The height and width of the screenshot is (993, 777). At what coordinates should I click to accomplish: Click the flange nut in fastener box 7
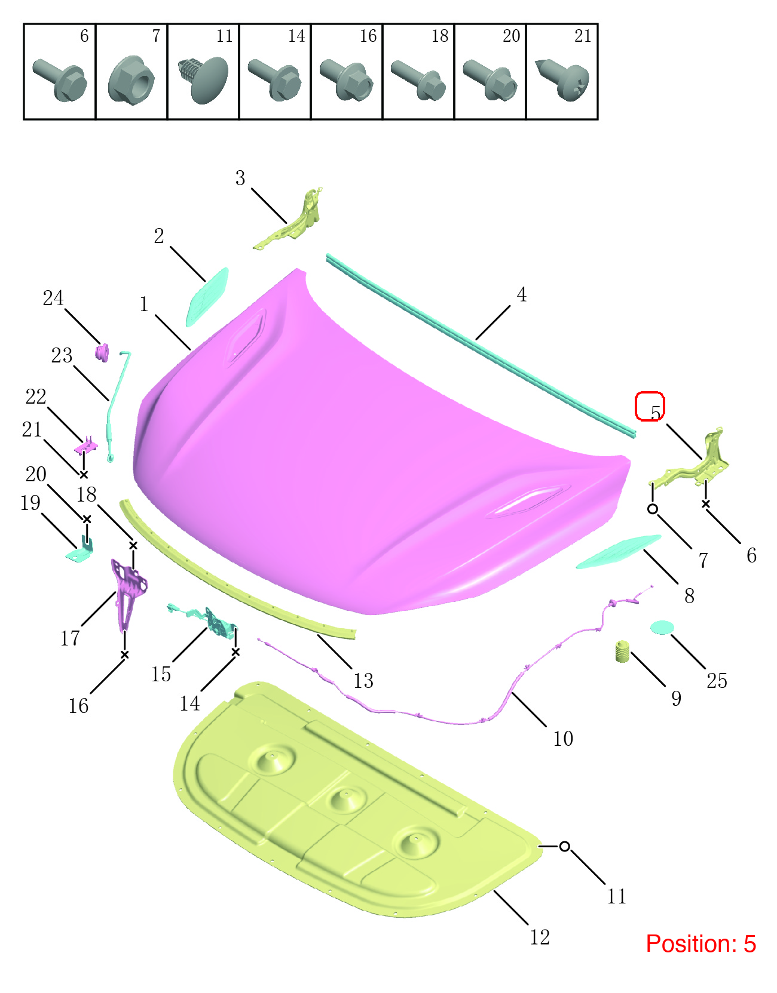[131, 80]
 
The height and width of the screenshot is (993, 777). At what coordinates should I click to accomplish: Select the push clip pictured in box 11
[203, 79]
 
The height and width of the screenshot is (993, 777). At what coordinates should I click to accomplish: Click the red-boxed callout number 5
[655, 412]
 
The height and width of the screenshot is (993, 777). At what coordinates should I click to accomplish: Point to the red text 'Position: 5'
[700, 943]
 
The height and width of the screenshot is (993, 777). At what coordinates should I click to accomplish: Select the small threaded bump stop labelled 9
[622, 651]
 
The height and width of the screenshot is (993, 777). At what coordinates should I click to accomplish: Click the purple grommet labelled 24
[102, 352]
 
